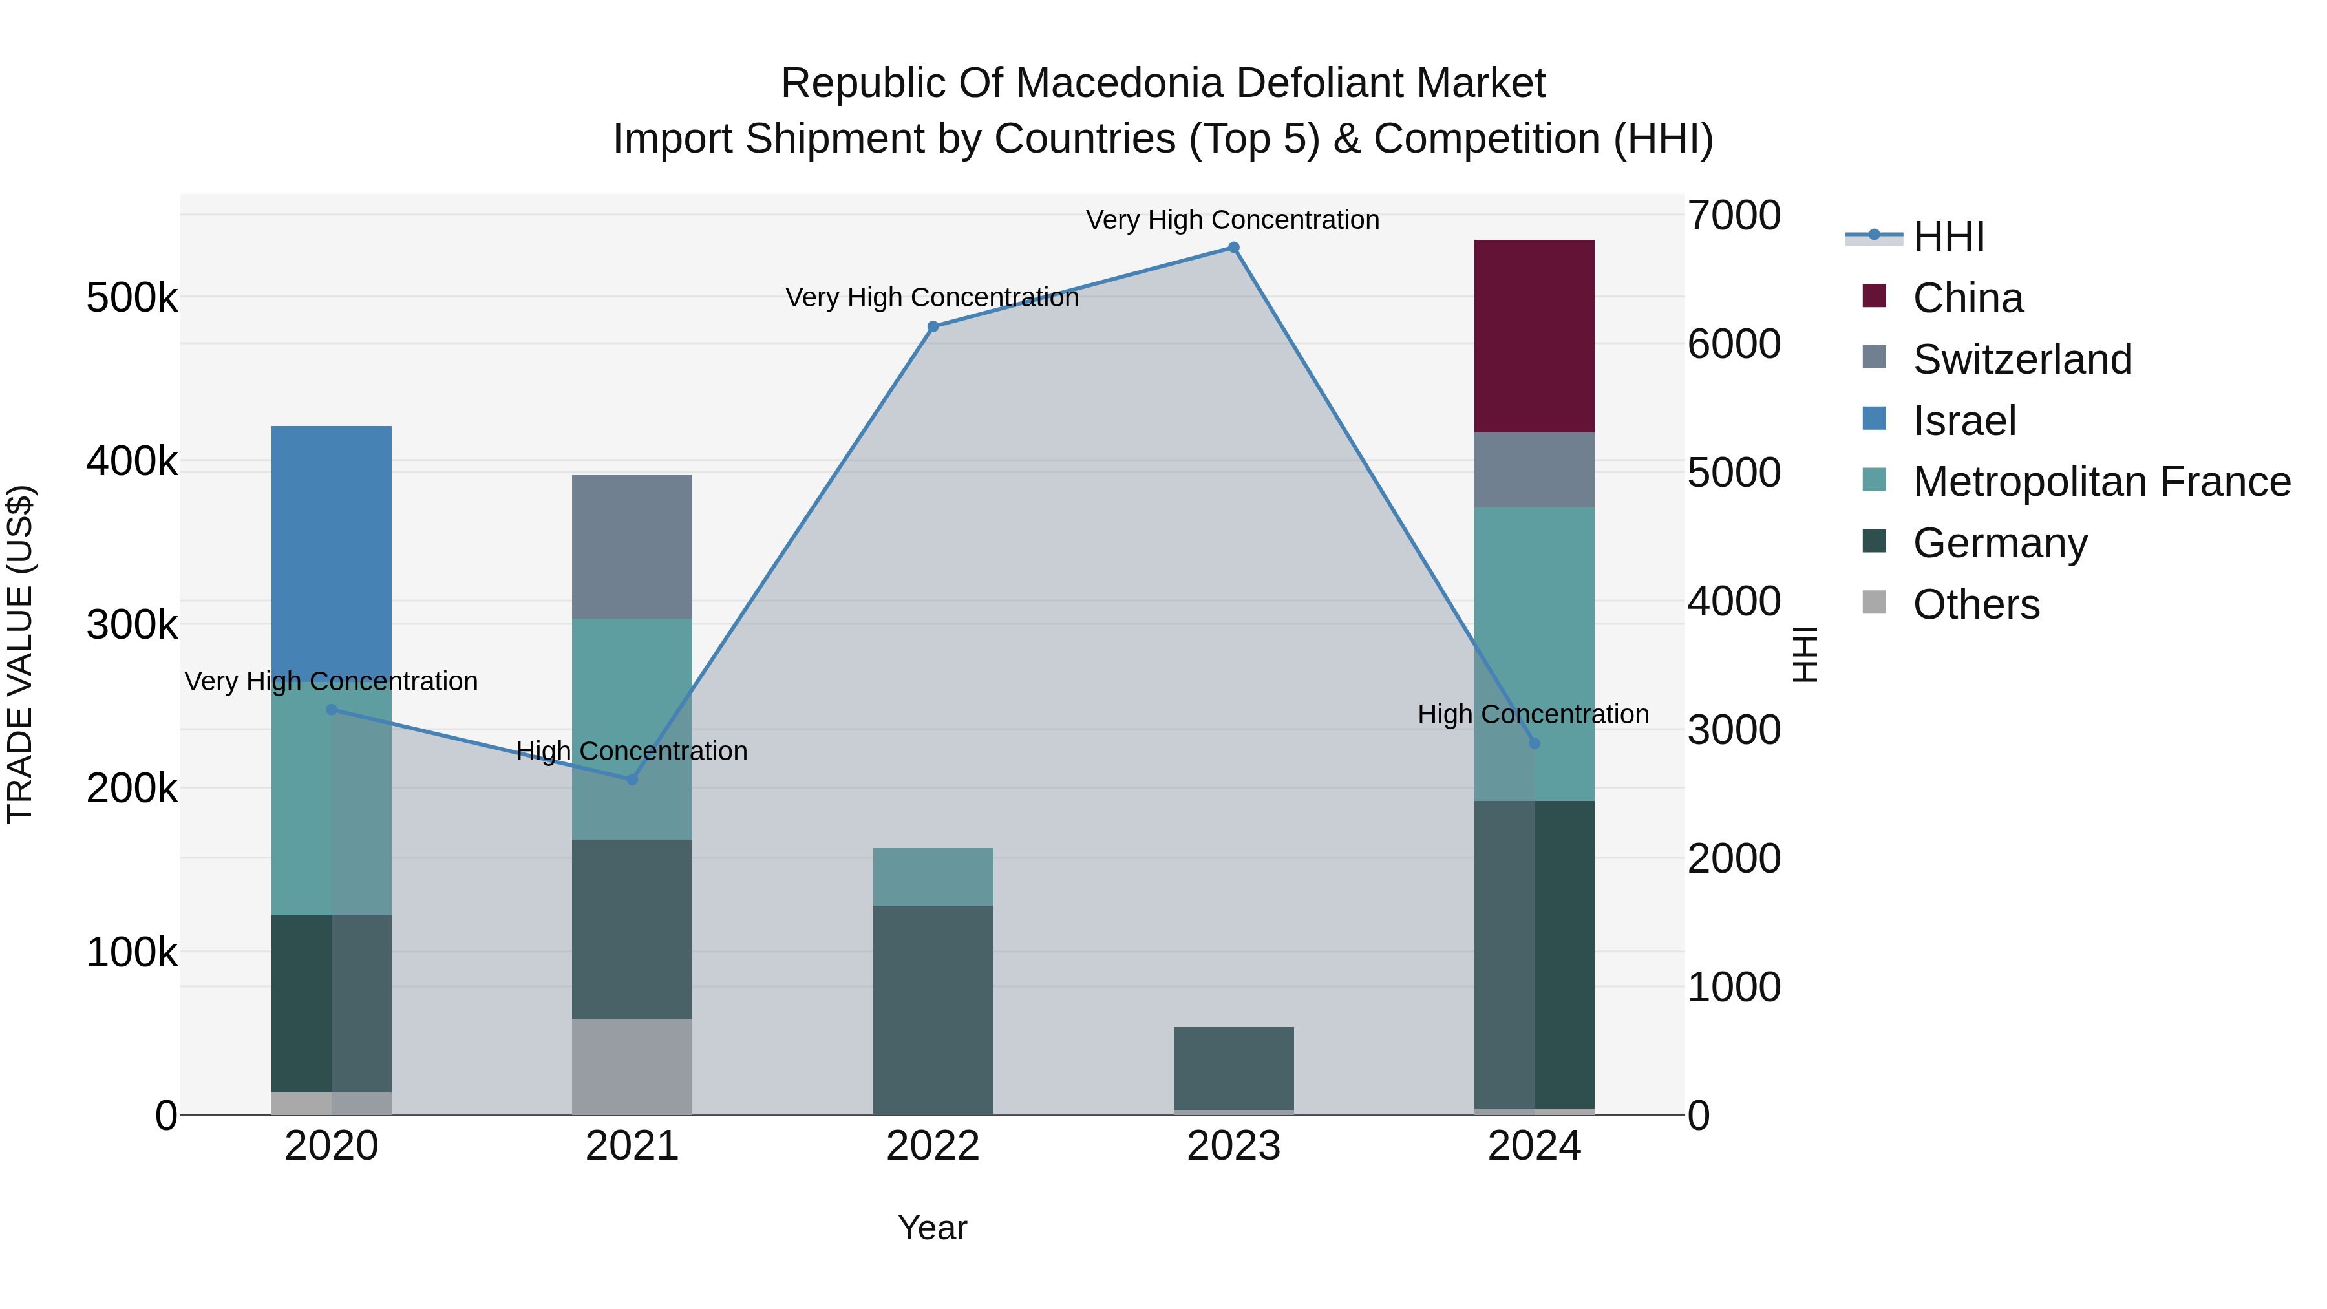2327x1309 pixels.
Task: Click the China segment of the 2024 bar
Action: tap(1534, 336)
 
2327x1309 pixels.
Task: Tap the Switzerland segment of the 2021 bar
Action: tap(632, 546)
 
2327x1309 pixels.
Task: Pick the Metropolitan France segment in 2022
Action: tap(933, 877)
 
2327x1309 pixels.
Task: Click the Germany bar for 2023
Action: tap(1234, 1068)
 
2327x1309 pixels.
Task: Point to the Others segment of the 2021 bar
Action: tap(632, 1066)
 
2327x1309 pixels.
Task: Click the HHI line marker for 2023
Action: tap(1234, 248)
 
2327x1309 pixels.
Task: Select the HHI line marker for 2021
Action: tap(632, 780)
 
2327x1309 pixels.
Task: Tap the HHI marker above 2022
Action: tap(933, 327)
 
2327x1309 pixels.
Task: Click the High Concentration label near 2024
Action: tap(1533, 714)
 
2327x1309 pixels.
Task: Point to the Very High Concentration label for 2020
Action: tap(332, 681)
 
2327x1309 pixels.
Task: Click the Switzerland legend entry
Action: tap(2022, 359)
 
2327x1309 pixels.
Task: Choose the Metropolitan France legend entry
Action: tap(2101, 482)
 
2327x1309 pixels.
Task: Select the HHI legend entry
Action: tap(1948, 237)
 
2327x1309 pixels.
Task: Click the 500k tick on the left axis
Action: tap(132, 297)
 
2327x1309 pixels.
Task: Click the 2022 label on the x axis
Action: tap(933, 1146)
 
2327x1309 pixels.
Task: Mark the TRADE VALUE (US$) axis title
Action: tap(20, 654)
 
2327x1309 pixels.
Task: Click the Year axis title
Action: tap(932, 1228)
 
